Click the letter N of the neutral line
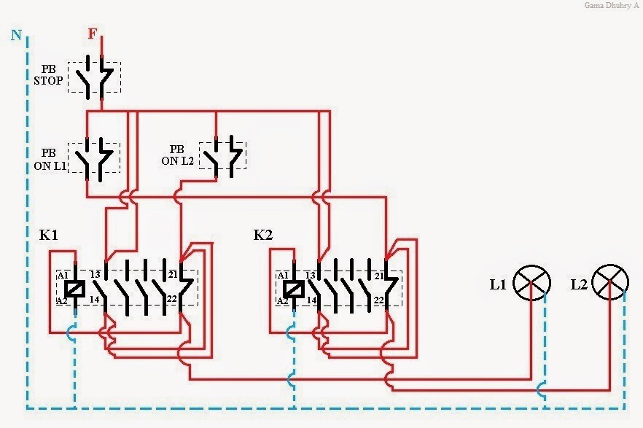[15, 34]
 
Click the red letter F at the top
[92, 34]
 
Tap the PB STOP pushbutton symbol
[95, 77]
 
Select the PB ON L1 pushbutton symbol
[95, 157]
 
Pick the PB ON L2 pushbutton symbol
[222, 155]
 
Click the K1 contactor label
[50, 236]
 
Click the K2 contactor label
[263, 236]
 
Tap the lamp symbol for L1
[532, 283]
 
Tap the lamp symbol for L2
[610, 283]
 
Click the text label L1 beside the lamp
[498, 285]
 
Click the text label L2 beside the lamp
[579, 285]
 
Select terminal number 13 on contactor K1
[95, 274]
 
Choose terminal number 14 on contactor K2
[311, 300]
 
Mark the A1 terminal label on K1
[63, 275]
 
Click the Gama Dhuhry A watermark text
[610, 6]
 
